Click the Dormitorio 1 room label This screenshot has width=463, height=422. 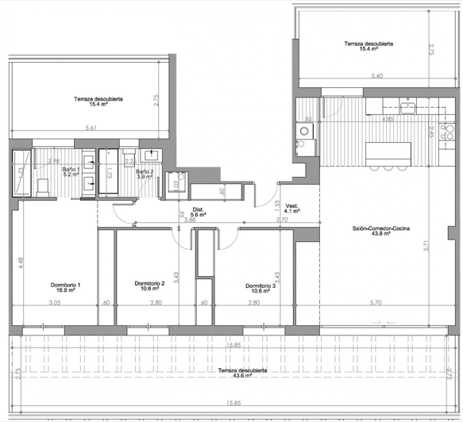[66, 286]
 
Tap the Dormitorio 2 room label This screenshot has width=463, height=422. [149, 286]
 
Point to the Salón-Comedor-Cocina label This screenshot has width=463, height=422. [380, 230]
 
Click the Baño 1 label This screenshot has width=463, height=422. [70, 171]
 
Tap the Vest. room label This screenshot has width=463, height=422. [291, 208]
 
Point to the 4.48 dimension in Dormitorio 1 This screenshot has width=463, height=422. [20, 259]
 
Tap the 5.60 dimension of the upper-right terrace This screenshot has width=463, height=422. [377, 76]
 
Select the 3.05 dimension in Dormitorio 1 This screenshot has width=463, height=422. [55, 303]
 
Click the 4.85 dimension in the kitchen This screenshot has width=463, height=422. [388, 120]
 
